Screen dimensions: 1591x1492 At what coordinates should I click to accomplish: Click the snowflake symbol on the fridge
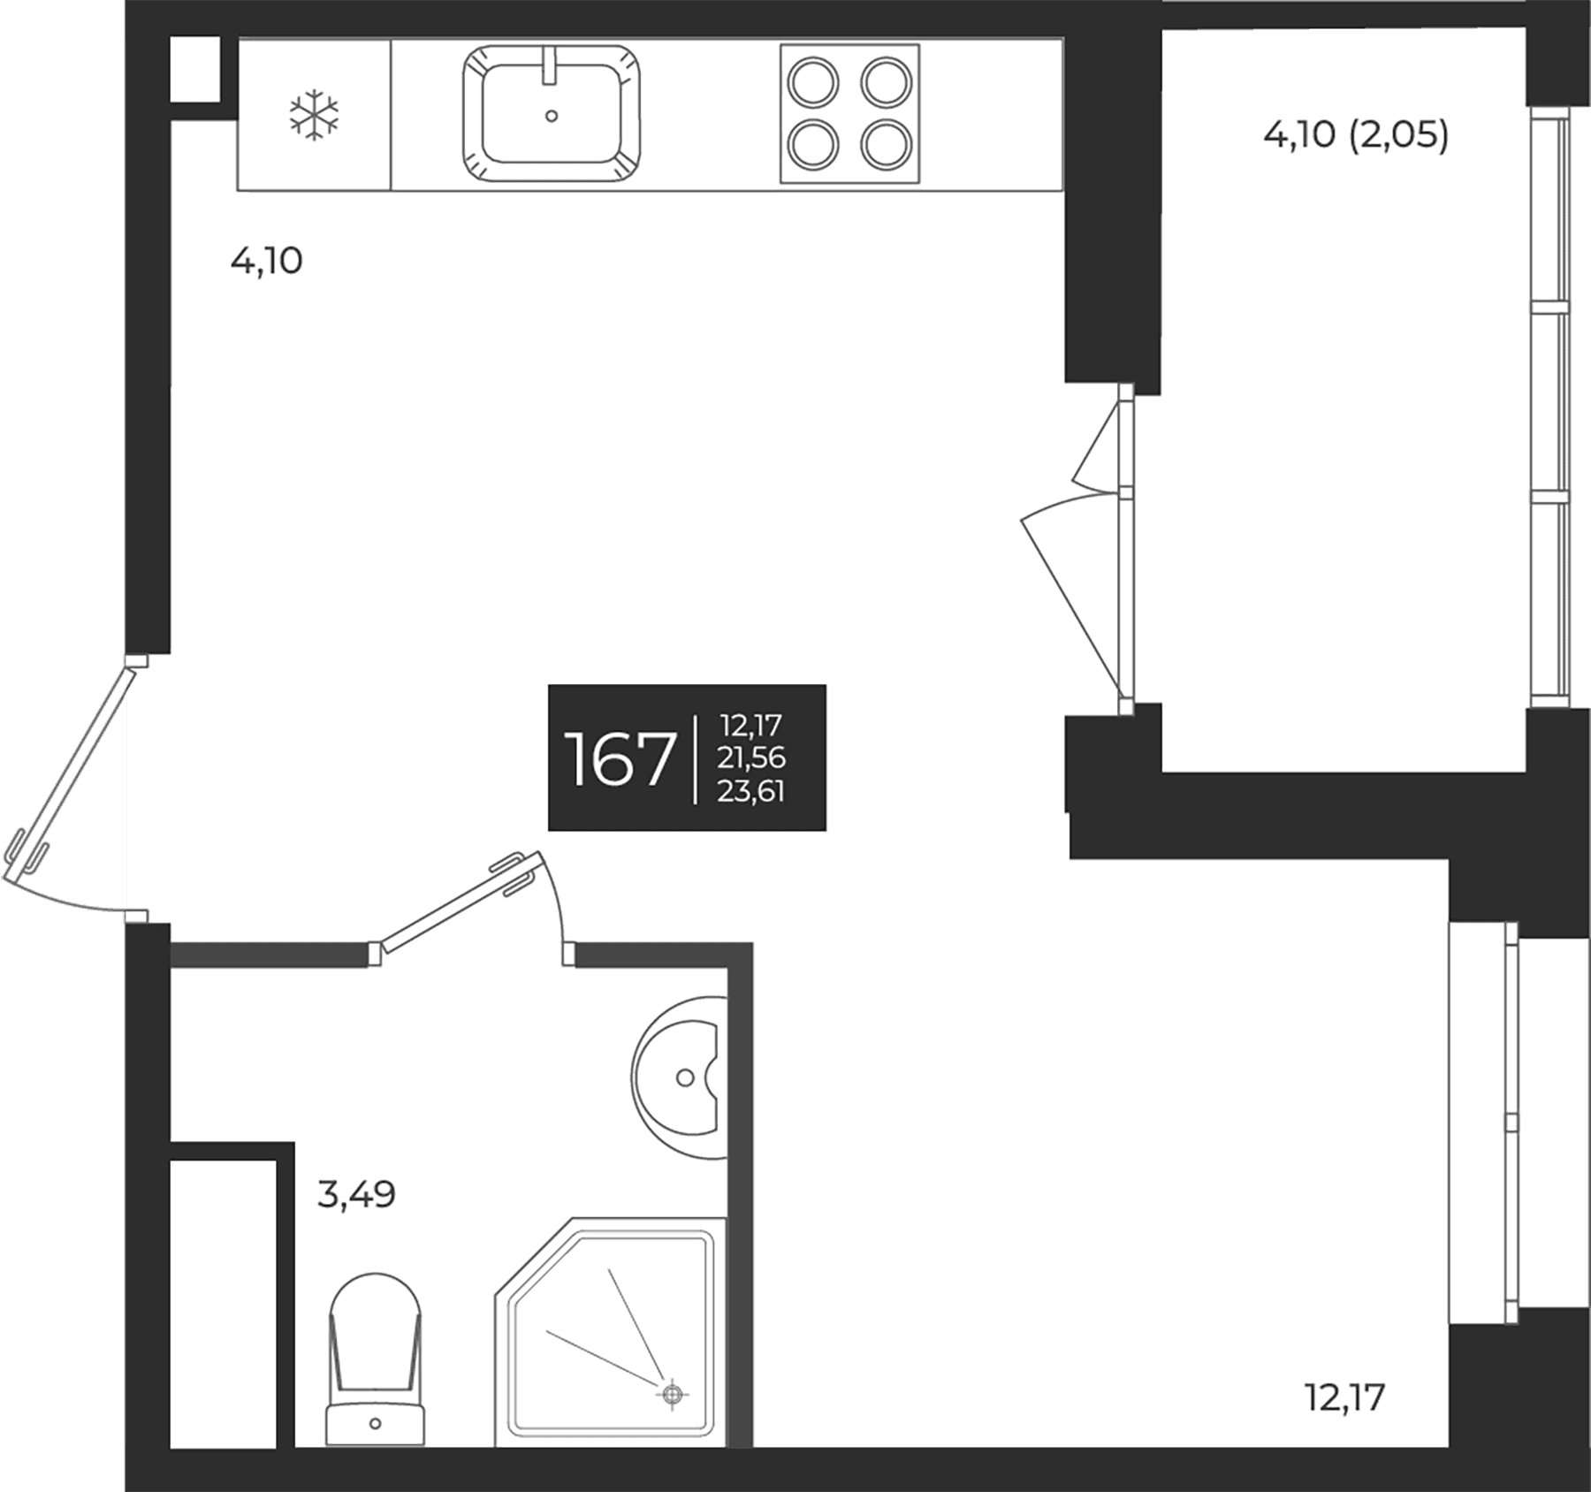(x=314, y=115)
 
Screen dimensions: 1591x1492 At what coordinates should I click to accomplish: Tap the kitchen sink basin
(x=551, y=115)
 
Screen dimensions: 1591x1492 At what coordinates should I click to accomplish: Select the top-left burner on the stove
(x=812, y=82)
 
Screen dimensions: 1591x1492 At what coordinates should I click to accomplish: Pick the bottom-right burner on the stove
(x=887, y=145)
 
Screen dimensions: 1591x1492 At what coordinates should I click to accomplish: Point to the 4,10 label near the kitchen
(x=266, y=262)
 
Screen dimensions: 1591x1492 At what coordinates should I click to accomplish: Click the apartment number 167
(x=620, y=758)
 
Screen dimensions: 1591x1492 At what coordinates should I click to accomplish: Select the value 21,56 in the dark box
(x=751, y=757)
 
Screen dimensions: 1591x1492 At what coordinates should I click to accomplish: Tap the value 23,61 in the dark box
(x=750, y=790)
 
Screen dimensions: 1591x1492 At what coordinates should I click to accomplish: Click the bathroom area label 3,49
(x=356, y=1195)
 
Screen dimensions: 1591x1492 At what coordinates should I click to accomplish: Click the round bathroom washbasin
(x=679, y=1077)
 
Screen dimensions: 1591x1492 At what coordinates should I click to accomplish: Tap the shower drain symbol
(x=672, y=1395)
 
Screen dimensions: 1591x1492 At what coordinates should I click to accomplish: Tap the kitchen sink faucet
(x=550, y=65)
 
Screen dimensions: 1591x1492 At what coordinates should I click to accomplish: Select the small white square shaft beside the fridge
(x=194, y=69)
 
